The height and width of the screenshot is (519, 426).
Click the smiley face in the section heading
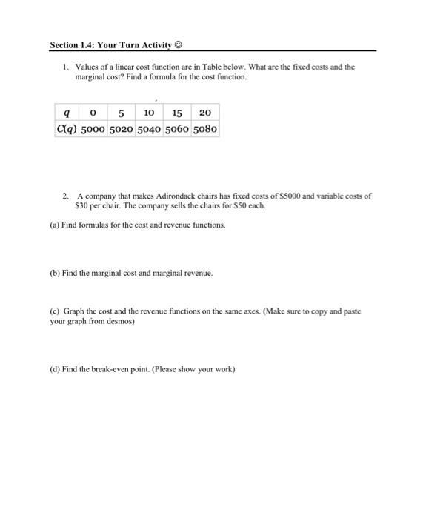tap(179, 44)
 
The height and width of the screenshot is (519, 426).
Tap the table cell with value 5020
tap(122, 129)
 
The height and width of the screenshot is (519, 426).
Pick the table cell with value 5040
tap(150, 129)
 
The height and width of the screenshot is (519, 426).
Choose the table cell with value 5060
tap(178, 129)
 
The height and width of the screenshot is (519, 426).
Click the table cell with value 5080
tap(205, 129)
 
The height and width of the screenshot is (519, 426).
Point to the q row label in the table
tap(68, 112)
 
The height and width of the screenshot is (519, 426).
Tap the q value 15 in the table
tap(177, 112)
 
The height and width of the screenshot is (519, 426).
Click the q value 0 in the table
tap(93, 112)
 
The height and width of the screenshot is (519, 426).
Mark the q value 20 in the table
tap(205, 112)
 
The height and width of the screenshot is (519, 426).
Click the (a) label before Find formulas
tap(55, 225)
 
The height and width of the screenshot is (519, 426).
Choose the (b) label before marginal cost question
tap(55, 273)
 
